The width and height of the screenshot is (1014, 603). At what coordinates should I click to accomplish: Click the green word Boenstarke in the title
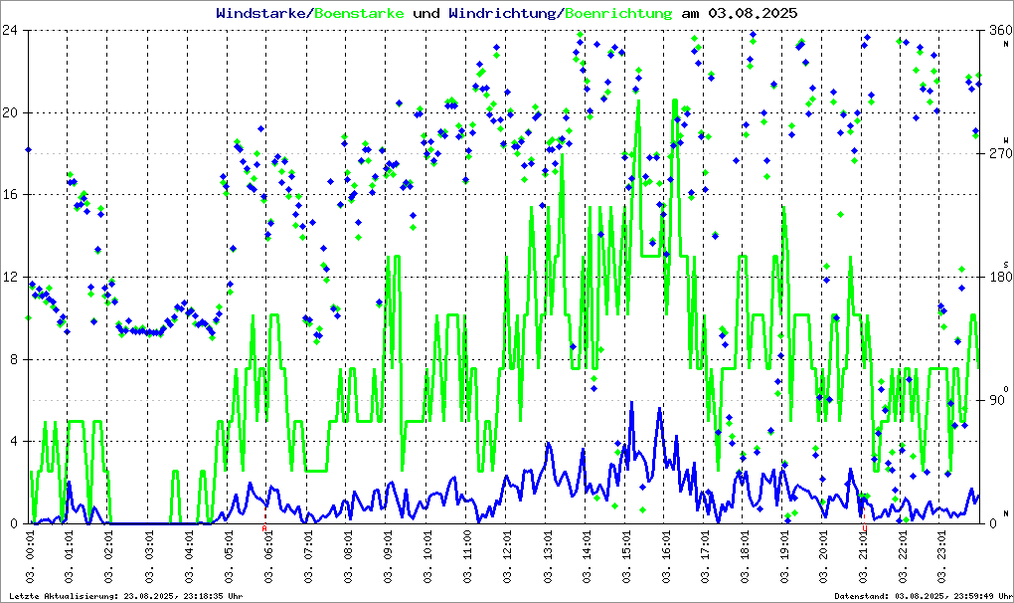(x=359, y=13)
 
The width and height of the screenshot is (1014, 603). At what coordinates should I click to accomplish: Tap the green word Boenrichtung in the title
(x=617, y=13)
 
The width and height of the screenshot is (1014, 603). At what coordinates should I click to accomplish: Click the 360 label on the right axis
(x=997, y=31)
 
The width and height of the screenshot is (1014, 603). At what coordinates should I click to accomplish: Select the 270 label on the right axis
(x=997, y=154)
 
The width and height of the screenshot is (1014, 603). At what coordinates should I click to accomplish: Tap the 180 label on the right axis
(x=997, y=278)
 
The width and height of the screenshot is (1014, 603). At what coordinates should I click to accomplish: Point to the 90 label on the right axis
(x=994, y=401)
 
